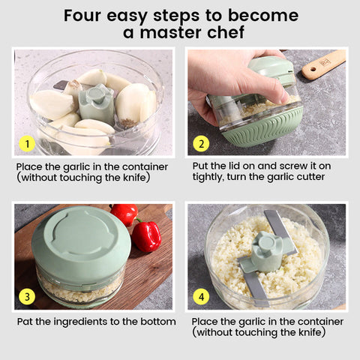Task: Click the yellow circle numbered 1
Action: coord(27,144)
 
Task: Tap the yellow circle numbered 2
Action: coord(201,144)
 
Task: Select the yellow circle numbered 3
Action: coord(27,297)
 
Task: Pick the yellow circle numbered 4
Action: coord(201,297)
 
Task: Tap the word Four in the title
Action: coord(83,16)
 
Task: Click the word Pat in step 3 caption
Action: coord(25,322)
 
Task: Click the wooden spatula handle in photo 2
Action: coord(324,64)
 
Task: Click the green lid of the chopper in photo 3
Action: coord(81,240)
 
